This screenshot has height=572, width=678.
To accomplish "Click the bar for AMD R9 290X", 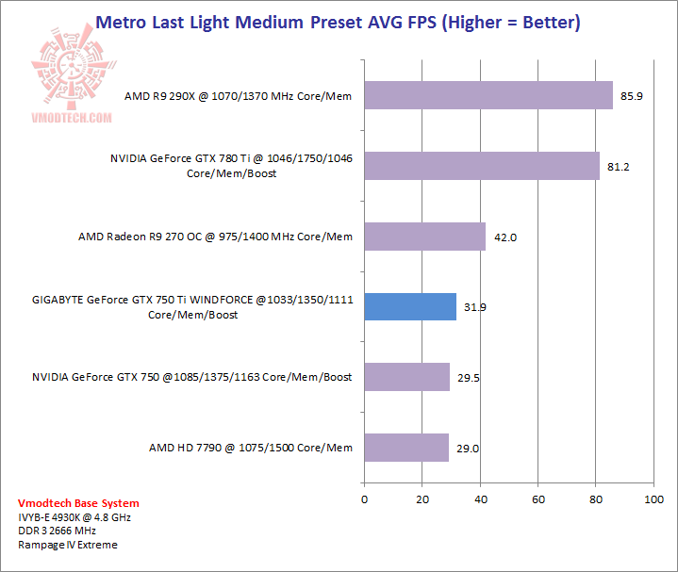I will [x=488, y=95].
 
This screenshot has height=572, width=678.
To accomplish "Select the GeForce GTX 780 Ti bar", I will [x=481, y=166].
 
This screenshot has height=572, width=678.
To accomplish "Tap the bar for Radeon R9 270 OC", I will [x=424, y=237].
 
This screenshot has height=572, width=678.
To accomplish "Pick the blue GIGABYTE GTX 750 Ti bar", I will [x=409, y=306].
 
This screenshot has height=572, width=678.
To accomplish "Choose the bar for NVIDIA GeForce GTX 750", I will [x=406, y=377].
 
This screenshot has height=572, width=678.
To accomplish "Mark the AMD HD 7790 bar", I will [x=405, y=448].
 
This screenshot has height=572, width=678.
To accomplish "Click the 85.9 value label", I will [x=632, y=96].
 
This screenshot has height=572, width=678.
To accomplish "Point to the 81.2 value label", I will [x=619, y=167].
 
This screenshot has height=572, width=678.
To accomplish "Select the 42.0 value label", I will [x=505, y=237].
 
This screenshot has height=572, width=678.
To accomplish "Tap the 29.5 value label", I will [x=469, y=378].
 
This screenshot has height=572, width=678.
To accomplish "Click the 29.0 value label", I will [x=468, y=449].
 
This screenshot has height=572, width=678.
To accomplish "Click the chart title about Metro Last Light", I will [x=339, y=21].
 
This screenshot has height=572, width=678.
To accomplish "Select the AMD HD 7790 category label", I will [x=250, y=448].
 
